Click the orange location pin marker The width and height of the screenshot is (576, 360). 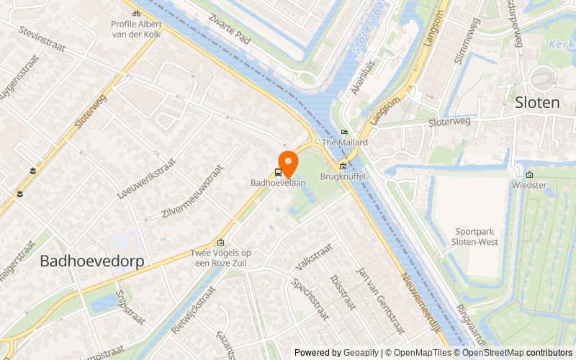tap(288, 163)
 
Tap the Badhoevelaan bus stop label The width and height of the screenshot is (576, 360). tap(278, 183)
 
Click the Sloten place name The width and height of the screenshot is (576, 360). tap(537, 103)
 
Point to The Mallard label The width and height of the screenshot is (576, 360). tap(345, 143)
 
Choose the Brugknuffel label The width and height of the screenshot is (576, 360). tap(343, 176)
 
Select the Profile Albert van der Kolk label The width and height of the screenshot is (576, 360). tap(136, 28)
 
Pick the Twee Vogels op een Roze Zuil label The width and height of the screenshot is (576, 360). tap(221, 257)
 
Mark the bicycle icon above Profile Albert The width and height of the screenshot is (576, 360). tap(136, 12)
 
